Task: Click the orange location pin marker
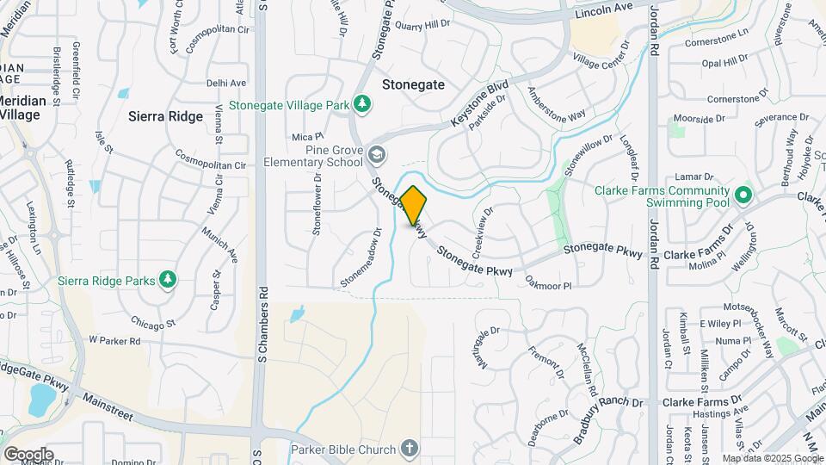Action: click(x=413, y=204)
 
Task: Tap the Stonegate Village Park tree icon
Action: click(x=364, y=105)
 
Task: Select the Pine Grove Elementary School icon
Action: click(x=376, y=154)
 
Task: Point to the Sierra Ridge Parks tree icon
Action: click(x=169, y=280)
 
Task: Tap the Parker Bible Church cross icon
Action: click(x=409, y=449)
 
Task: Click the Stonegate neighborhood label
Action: click(x=413, y=84)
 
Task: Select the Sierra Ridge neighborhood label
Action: click(x=165, y=116)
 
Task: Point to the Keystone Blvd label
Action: click(x=480, y=106)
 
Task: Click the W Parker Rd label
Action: click(x=114, y=341)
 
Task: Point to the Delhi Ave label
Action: click(x=226, y=84)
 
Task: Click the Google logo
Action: click(x=28, y=454)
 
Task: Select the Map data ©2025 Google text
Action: click(x=772, y=459)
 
